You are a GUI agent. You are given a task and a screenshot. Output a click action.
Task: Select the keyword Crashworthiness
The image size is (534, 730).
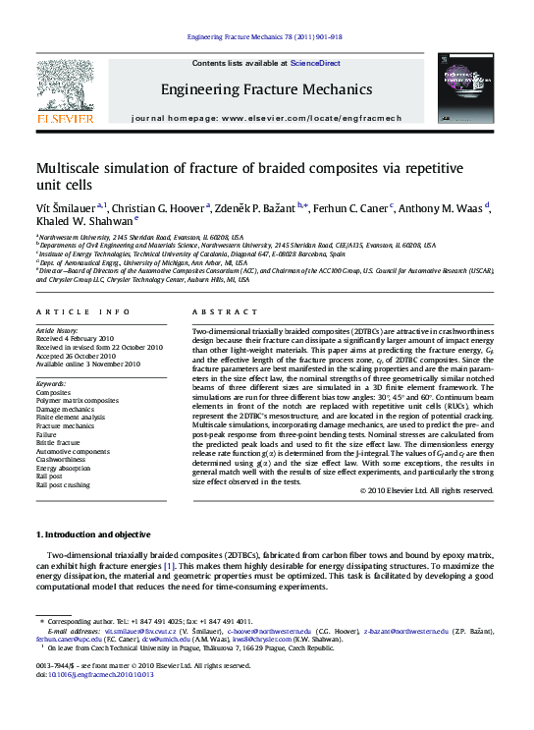coord(62,459)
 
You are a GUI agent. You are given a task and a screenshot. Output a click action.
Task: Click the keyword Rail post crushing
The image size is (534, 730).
coord(64,484)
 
